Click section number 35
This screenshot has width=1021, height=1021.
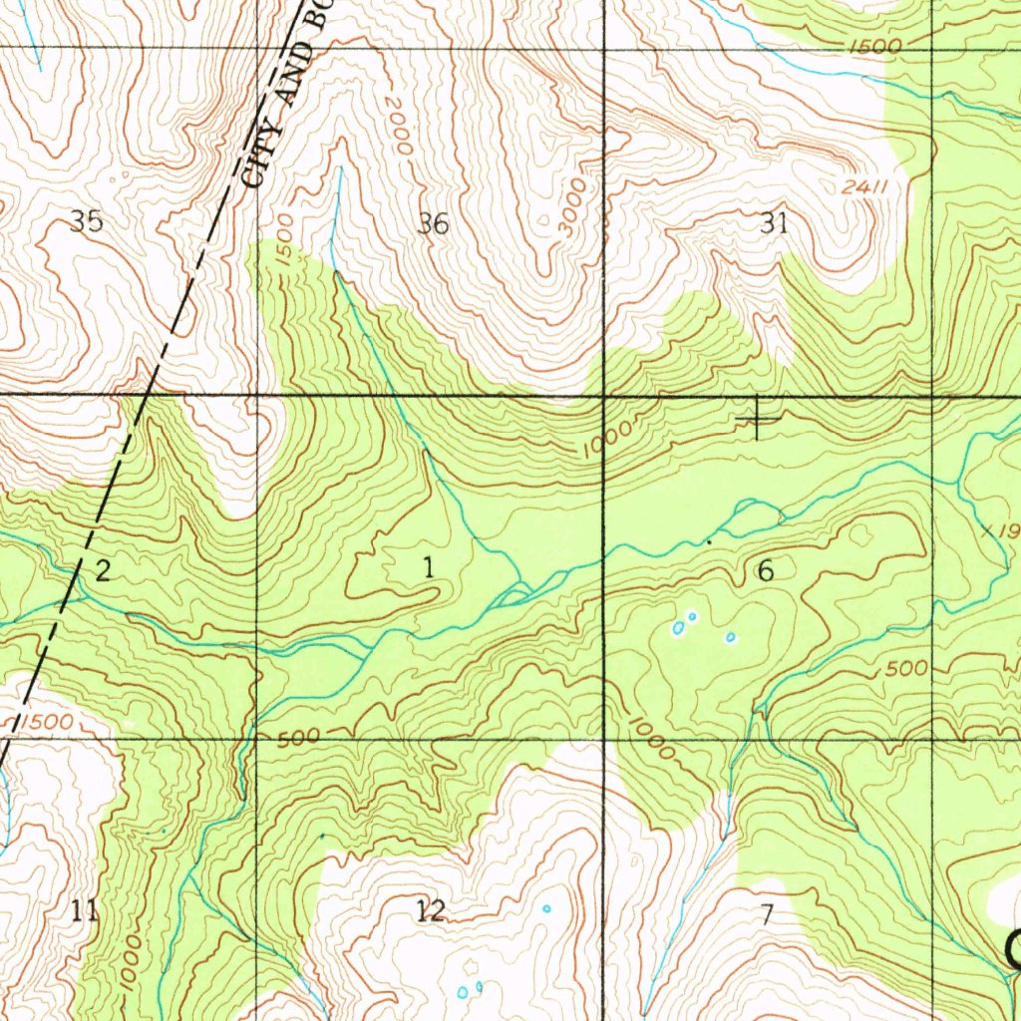point(87,221)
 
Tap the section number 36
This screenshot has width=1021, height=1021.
point(433,224)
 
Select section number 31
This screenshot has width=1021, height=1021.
point(774,223)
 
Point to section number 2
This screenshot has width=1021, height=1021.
point(102,570)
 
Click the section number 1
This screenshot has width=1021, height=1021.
point(428,568)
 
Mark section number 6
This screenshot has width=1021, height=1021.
point(765,570)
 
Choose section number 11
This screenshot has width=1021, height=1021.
point(85,909)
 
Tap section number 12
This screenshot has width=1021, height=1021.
point(430,909)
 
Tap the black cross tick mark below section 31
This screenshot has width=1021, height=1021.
point(758,418)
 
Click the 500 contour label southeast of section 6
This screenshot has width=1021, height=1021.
point(906,669)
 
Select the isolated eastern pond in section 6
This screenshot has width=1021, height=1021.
point(730,637)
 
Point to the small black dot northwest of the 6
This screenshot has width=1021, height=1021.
point(709,541)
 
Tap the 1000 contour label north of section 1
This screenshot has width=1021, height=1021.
point(607,439)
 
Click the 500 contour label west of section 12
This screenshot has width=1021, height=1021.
point(298,738)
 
